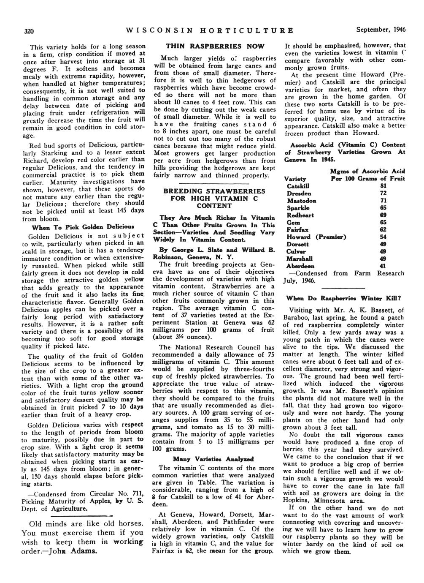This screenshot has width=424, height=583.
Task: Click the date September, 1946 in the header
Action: pos(381,30)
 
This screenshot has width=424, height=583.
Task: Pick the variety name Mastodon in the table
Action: pos(302,201)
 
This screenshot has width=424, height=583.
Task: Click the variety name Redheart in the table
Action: pos(300,215)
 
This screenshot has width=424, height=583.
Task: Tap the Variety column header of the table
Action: pos(295,179)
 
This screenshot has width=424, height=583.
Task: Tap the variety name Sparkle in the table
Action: pos(298,208)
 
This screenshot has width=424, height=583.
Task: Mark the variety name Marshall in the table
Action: pos(300,259)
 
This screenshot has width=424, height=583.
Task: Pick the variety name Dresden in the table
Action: pos(299,193)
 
